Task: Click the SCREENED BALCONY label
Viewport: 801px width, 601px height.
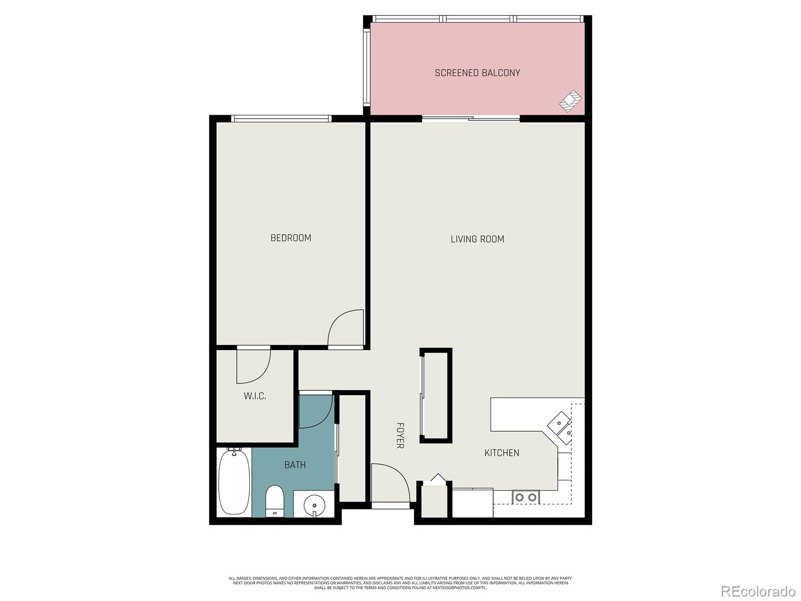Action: (x=477, y=73)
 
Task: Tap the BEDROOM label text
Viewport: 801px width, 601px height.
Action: (x=290, y=238)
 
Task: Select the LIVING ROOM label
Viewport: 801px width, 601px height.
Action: (x=477, y=239)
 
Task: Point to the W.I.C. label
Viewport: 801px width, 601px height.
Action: (x=255, y=396)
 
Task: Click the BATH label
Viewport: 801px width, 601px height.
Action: (x=295, y=465)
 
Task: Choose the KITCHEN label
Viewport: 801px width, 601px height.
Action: (x=502, y=453)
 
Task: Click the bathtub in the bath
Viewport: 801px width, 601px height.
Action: (x=234, y=482)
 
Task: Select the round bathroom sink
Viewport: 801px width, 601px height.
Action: (x=314, y=504)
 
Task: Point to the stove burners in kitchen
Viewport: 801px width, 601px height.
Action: (x=526, y=497)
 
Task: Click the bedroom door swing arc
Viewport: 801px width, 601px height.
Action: (x=345, y=328)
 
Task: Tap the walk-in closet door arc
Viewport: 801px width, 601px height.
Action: (x=254, y=366)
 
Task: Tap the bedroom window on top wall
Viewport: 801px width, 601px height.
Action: (x=281, y=119)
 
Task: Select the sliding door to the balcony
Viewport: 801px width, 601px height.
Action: (x=471, y=119)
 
